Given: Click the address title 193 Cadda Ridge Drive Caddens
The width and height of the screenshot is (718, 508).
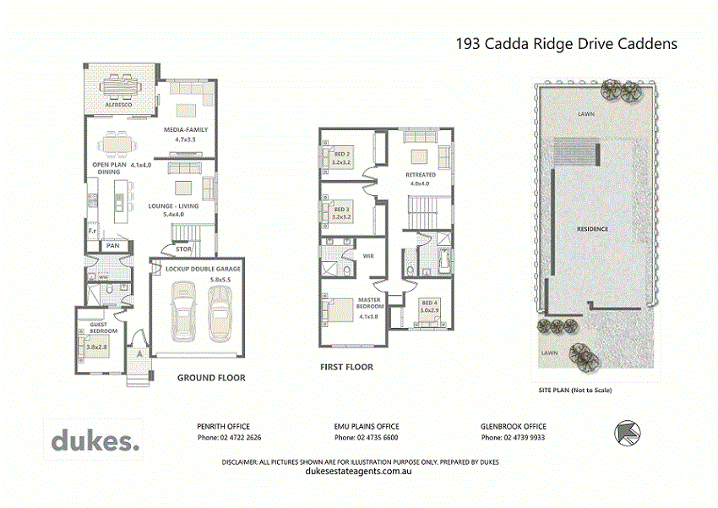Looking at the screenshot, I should (566, 44).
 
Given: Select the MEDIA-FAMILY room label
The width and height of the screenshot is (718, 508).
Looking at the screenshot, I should (185, 129).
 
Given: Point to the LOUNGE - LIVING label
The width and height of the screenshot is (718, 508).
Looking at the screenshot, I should (173, 206).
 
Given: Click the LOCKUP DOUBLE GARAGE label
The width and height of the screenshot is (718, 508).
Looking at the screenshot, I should (204, 268).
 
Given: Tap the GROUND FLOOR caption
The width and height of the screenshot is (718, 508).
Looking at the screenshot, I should (210, 378).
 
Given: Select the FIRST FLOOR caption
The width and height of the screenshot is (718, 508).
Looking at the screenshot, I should (346, 368).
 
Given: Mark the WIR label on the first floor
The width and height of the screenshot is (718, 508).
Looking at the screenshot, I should (367, 255).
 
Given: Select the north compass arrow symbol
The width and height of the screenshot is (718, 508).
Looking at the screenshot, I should (628, 433).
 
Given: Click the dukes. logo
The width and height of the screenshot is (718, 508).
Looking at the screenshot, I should (95, 440).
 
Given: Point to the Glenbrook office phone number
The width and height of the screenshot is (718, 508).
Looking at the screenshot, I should (514, 438).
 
